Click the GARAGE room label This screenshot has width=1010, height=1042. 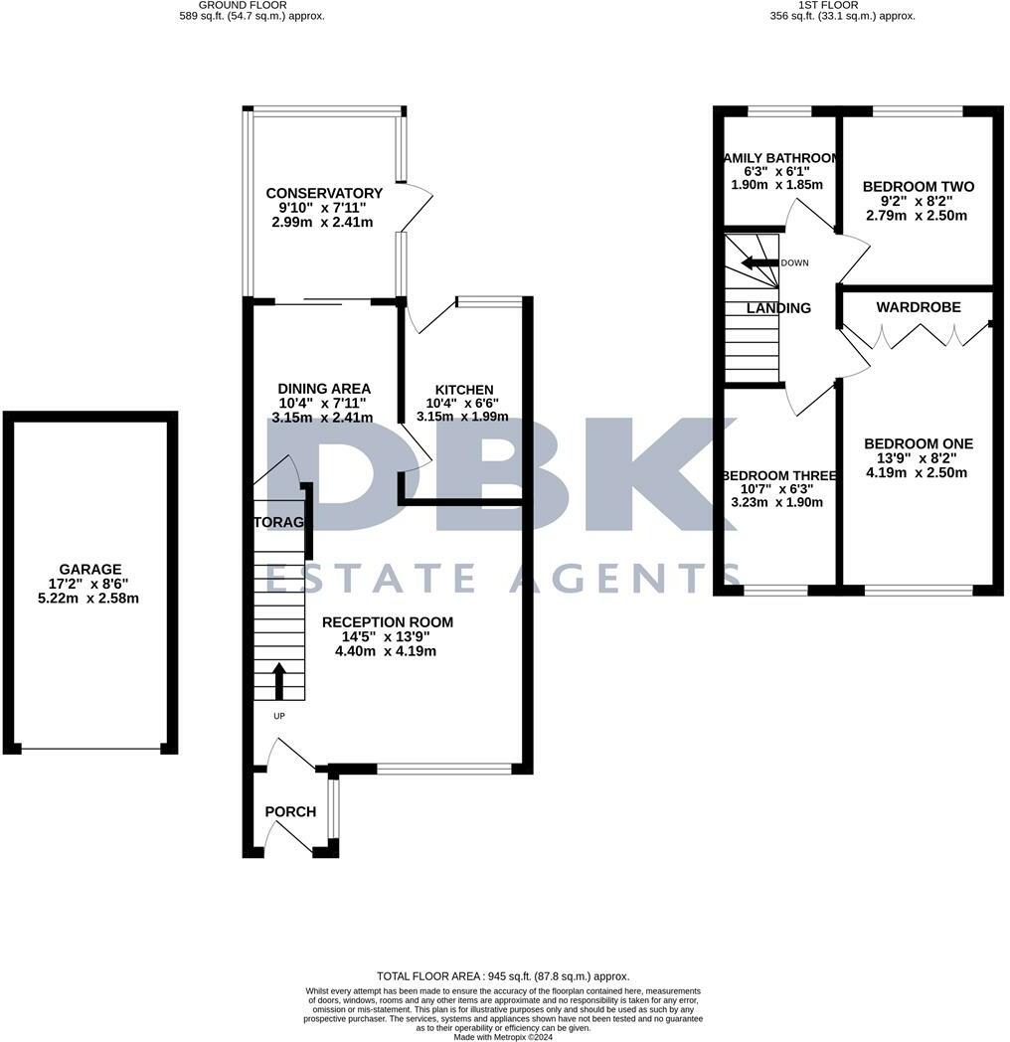(89, 570)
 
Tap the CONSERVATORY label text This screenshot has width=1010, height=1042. (324, 193)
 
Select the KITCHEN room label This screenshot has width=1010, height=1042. (464, 390)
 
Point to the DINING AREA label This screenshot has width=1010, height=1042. (324, 389)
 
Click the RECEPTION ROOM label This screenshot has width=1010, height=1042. (388, 622)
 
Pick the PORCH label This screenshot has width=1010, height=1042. (290, 812)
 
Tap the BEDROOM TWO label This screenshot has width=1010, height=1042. (919, 187)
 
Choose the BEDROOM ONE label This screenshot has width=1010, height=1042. (919, 444)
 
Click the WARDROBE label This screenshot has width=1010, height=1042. (919, 308)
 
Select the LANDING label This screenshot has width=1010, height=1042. (778, 308)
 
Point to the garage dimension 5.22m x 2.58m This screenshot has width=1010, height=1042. (89, 599)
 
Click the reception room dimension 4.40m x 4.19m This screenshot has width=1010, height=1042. (388, 651)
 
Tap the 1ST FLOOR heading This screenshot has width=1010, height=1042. (842, 5)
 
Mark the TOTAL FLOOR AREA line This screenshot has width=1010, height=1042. (503, 976)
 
